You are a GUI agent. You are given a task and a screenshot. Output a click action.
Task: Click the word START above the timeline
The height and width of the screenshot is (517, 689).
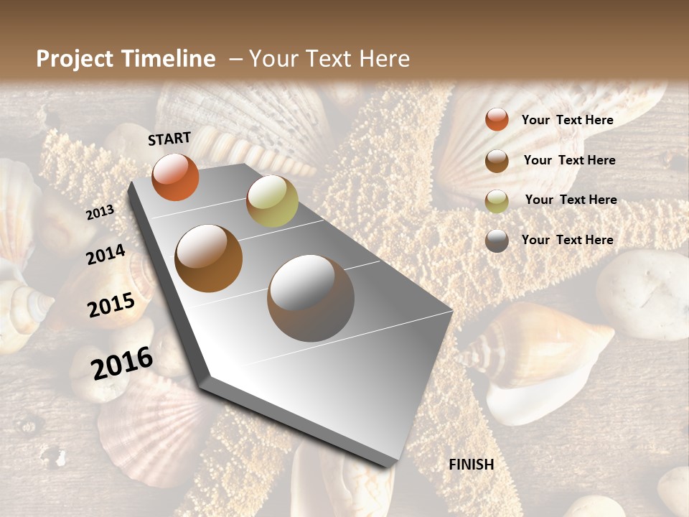pyautogui.click(x=169, y=139)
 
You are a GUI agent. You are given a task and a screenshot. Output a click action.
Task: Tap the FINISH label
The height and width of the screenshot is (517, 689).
pyautogui.click(x=471, y=465)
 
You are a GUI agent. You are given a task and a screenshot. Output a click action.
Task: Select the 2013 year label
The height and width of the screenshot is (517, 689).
pyautogui.click(x=100, y=212)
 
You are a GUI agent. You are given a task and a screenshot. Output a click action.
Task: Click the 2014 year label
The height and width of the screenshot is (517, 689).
pyautogui.click(x=106, y=254)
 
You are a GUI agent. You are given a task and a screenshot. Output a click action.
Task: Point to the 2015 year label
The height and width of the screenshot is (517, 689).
pyautogui.click(x=111, y=305)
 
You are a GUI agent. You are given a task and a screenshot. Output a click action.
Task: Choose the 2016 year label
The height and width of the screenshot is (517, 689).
pyautogui.click(x=122, y=363)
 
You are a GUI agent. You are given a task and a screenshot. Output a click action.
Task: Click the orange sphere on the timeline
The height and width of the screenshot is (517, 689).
pyautogui.click(x=175, y=177)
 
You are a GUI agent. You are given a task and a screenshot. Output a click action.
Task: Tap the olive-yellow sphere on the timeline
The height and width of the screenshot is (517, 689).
pyautogui.click(x=272, y=201)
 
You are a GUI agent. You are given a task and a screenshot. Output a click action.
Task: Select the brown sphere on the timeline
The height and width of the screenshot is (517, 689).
pyautogui.click(x=209, y=258)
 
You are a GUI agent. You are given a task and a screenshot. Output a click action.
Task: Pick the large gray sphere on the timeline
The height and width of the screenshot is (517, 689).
pyautogui.click(x=311, y=298)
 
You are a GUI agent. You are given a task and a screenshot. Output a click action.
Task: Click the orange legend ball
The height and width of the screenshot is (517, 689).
pyautogui.click(x=497, y=120)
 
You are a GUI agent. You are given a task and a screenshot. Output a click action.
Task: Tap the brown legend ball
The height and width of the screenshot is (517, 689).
pyautogui.click(x=497, y=161)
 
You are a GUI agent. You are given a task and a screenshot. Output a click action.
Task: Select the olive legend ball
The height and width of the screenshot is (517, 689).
pyautogui.click(x=497, y=201)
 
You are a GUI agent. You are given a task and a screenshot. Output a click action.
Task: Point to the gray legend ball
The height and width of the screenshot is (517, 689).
pyautogui.click(x=497, y=241)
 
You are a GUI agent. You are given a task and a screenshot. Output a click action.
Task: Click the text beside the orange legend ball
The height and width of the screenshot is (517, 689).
pyautogui.click(x=567, y=120)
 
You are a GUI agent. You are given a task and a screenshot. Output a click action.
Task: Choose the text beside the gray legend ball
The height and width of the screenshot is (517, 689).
pyautogui.click(x=567, y=240)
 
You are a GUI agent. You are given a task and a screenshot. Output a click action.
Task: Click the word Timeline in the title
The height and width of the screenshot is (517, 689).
pyautogui.click(x=169, y=59)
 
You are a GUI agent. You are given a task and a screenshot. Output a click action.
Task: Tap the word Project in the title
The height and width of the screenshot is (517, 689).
pyautogui.click(x=76, y=59)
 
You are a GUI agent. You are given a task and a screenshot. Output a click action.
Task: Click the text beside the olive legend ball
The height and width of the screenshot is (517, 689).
pyautogui.click(x=571, y=200)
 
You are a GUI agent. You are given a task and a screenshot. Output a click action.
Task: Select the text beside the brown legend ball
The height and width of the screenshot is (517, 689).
pyautogui.click(x=569, y=160)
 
